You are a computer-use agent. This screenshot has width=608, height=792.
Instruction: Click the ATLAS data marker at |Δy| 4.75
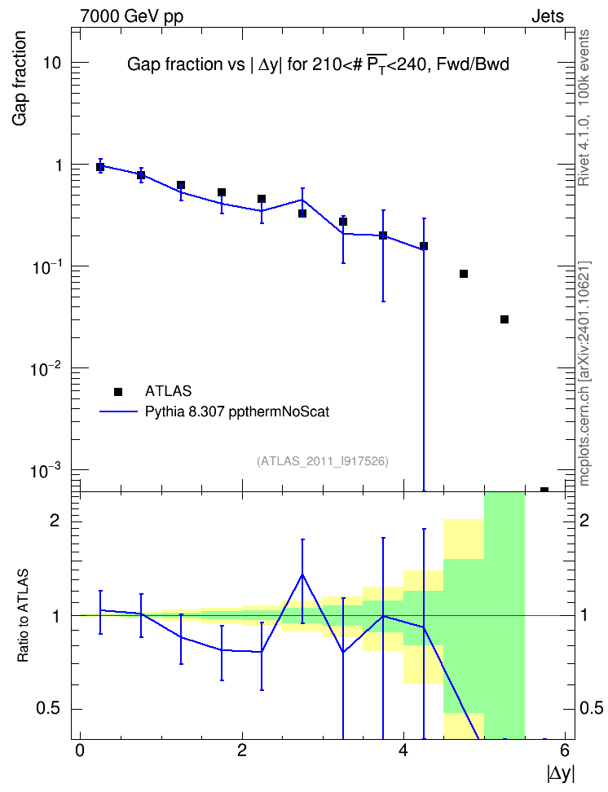pos(464,274)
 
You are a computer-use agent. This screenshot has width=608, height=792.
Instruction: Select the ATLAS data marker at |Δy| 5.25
pos(504,319)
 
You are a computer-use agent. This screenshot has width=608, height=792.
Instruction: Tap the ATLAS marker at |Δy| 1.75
pos(222,192)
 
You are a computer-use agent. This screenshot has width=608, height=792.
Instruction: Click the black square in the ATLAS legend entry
pos(118,391)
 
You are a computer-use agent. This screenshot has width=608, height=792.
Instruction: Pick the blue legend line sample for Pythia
pos(118,411)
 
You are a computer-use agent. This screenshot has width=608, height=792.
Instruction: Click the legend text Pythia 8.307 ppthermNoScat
pos(237,412)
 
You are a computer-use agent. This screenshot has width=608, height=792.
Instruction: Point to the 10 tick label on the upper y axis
pos(51,63)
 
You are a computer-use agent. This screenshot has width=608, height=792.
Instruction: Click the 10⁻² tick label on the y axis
pos(46,369)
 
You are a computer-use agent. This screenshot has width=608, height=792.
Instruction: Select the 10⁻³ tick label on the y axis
pos(46,471)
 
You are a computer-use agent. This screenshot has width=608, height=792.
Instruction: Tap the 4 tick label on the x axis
pos(403,750)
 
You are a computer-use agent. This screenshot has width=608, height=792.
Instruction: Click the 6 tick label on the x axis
pos(565,750)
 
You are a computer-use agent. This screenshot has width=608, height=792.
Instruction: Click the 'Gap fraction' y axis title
pos(20,78)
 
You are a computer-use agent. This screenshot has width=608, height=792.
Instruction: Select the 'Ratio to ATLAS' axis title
pos(23,616)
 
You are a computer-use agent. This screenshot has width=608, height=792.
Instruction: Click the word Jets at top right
pos(548,16)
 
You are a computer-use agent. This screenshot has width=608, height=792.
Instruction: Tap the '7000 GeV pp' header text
pos(131,16)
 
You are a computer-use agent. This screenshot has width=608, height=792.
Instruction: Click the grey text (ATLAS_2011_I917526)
pos(323,461)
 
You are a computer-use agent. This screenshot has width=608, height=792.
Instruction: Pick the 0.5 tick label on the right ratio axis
pos(591,708)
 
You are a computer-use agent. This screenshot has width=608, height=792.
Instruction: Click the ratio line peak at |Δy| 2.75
pos(302,574)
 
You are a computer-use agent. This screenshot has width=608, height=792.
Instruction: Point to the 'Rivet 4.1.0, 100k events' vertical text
pos(584,108)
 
